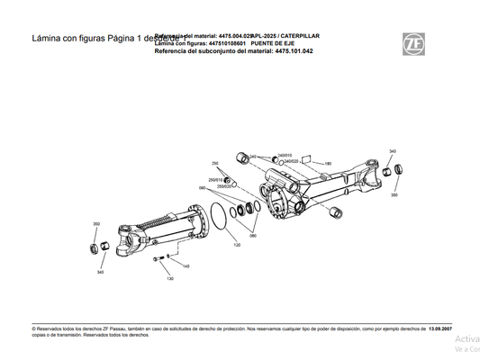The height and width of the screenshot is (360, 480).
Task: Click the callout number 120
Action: [237, 244]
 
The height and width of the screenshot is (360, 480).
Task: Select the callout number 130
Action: [169, 279]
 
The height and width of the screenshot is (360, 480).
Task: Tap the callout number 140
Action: [186, 266]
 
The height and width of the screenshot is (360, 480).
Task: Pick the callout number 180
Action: [328, 164]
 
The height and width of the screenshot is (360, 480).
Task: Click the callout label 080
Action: [253, 235]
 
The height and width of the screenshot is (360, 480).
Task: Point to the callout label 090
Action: [202, 188]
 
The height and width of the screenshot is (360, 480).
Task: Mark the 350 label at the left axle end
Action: [96, 224]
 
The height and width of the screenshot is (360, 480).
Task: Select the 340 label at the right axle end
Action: [392, 151]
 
